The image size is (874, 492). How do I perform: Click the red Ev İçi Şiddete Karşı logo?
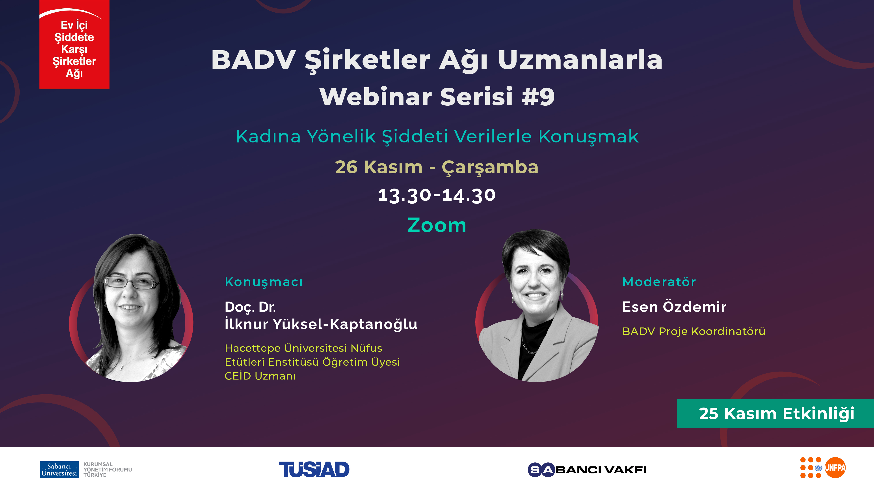point(74,45)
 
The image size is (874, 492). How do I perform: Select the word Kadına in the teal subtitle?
point(268,137)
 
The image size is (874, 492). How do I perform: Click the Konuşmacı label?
point(264,282)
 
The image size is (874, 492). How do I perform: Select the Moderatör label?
point(659,282)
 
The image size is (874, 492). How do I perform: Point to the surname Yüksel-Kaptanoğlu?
point(345,324)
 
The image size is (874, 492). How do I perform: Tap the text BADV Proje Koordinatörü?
point(694,331)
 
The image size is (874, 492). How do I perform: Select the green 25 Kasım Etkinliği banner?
point(775,413)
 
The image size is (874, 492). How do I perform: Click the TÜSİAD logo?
point(314,470)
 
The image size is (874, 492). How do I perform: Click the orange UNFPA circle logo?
point(835,468)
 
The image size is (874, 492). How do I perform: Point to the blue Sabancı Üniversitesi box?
point(59,470)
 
